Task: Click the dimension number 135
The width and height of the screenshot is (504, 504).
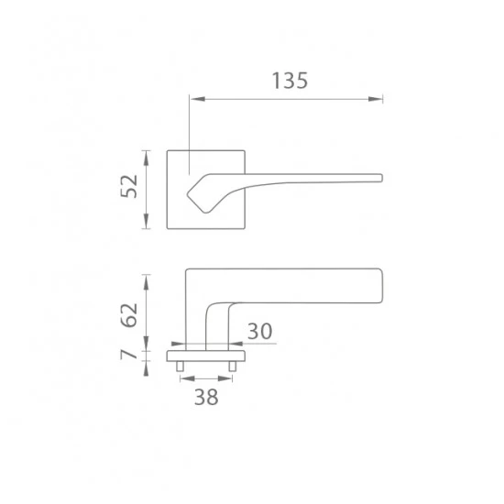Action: (290, 81)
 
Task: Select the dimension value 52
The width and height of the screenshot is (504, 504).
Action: (129, 186)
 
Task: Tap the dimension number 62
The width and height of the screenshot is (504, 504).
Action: (129, 315)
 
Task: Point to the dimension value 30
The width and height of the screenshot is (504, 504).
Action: (260, 332)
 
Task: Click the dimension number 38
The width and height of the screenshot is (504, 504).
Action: (206, 397)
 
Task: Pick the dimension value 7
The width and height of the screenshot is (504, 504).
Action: (129, 355)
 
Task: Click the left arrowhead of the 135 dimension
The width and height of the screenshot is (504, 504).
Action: (198, 99)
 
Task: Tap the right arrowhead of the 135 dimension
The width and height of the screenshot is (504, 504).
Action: (375, 99)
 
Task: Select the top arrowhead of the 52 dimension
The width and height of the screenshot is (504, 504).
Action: (147, 159)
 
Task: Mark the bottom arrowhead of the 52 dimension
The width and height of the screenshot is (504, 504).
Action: (147, 221)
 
